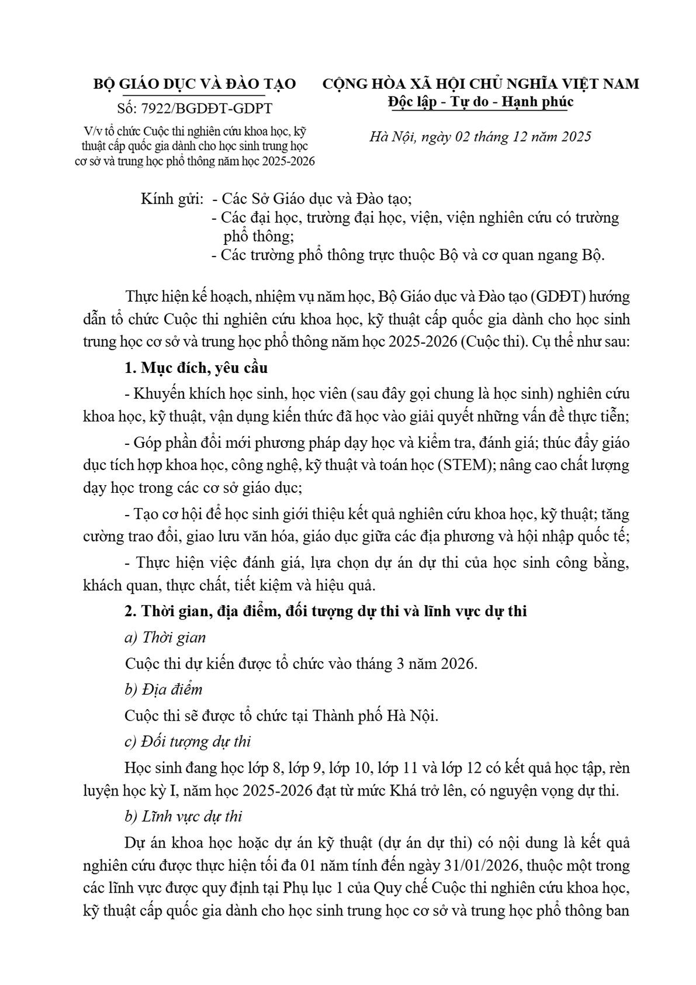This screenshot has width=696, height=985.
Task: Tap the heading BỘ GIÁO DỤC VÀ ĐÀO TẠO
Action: coord(195,84)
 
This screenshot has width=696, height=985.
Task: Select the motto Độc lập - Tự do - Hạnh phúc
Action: coord(480,102)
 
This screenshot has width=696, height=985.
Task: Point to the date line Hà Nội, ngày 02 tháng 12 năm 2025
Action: coord(480,137)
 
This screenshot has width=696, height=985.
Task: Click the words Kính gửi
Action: coord(172,199)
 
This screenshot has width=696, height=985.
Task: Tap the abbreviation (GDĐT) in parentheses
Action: coord(557,297)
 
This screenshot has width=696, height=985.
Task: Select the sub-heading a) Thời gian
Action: coord(165,638)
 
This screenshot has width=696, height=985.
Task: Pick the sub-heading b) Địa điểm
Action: coord(164,689)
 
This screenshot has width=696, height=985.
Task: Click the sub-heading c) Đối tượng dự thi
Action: coord(188,741)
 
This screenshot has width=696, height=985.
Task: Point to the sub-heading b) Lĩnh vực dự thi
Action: coord(183,816)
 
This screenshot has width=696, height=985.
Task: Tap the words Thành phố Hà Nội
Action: coord(375,716)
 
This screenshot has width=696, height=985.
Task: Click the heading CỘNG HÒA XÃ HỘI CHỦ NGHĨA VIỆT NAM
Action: coord(481,84)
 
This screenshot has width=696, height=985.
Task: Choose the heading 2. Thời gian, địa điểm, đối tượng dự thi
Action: coord(326,611)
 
